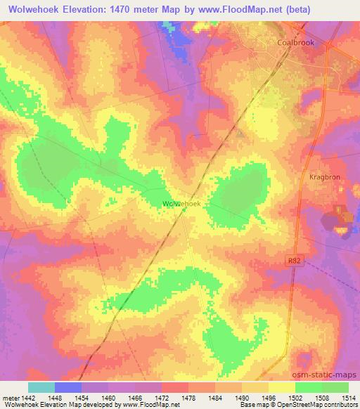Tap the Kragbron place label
(324, 178)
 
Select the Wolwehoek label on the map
(182, 203)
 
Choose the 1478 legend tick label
(188, 397)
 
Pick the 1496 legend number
(268, 397)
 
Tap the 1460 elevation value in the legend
(108, 397)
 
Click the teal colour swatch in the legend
(41, 387)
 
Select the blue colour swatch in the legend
(68, 387)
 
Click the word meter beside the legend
(10, 397)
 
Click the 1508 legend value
(321, 397)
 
